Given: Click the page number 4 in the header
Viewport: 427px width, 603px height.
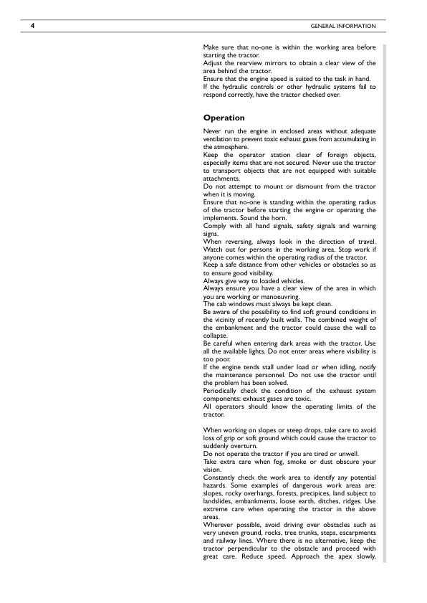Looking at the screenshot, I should tap(33, 27).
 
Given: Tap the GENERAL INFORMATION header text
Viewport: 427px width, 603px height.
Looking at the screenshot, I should tap(343, 27).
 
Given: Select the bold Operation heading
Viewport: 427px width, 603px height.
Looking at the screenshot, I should tap(224, 118).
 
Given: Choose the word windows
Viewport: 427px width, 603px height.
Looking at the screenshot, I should tap(241, 304).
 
